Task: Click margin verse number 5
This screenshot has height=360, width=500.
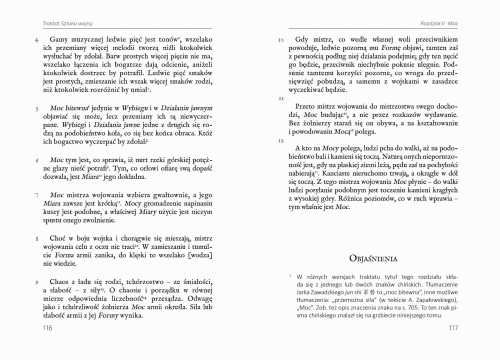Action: (x=38, y=102)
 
